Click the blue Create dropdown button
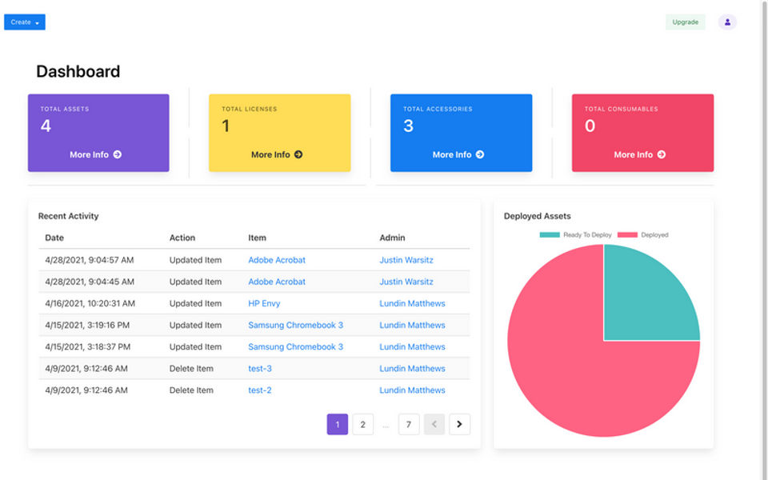pos(25,22)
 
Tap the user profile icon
pos(727,22)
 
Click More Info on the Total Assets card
pos(95,154)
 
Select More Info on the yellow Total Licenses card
pos(277,154)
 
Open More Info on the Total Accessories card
pos(458,154)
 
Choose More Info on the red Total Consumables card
pos(640,154)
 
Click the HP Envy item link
pos(264,303)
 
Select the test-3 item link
pos(260,368)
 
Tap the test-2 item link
pos(260,390)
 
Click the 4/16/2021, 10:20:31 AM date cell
pos(90,303)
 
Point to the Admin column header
pos(392,238)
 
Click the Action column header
pos(182,238)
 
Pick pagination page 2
pos(362,424)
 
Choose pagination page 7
pos(409,424)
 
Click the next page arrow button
pos(459,424)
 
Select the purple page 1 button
pos(338,424)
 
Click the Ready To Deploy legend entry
pos(576,234)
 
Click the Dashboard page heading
pos(78,71)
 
